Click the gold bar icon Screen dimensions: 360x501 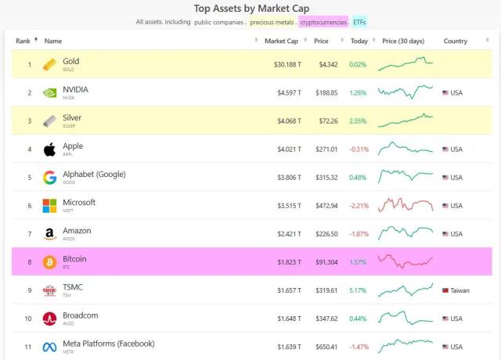tap(49, 64)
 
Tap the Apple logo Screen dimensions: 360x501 tap(49, 149)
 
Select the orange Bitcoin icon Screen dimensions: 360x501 tap(49, 261)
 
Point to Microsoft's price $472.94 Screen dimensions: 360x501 tap(325, 205)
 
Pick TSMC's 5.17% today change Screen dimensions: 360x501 tap(359, 290)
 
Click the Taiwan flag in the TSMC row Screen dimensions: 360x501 tap(445, 290)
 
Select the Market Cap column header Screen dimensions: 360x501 tap(280, 41)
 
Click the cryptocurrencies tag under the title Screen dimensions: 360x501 tap(323, 22)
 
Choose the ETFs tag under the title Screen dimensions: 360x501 tap(359, 22)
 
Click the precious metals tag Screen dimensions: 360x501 tap(272, 22)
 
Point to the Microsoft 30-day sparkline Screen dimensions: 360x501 tap(405, 205)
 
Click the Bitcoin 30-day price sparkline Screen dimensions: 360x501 tap(405, 261)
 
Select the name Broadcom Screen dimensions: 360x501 tap(80, 315)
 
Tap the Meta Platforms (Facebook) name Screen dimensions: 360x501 tap(108, 344)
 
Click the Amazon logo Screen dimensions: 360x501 tap(49, 233)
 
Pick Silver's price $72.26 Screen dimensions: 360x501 tap(326, 121)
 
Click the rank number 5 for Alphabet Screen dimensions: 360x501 tap(30, 177)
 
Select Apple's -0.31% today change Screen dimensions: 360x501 tap(359, 149)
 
